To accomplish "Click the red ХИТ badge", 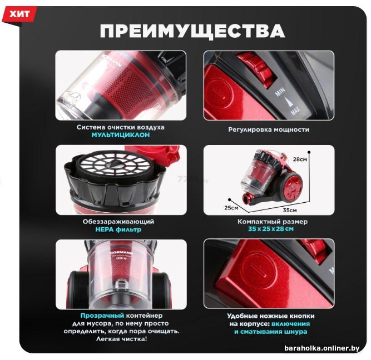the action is click(x=19, y=14).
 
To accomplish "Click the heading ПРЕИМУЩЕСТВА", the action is click(x=192, y=31).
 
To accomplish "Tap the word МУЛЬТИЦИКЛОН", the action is click(x=121, y=135).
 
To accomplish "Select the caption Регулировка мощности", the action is click(x=269, y=130).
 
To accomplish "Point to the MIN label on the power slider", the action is click(x=280, y=91).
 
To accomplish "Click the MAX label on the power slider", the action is click(x=295, y=110).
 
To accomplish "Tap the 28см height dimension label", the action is click(x=300, y=159).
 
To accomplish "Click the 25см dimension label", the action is click(x=231, y=208).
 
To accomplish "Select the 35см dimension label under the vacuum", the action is click(x=290, y=210).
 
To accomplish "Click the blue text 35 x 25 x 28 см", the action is click(x=271, y=229).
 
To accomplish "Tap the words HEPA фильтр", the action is click(x=118, y=229).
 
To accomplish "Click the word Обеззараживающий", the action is click(x=118, y=222).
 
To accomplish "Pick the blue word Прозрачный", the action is click(x=102, y=316).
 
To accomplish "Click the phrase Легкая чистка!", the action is click(x=121, y=339).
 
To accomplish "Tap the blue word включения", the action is click(x=290, y=324).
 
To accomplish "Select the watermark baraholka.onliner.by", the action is click(x=322, y=348).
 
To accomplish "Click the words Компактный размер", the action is click(x=273, y=222).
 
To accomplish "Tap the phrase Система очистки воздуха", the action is click(x=121, y=127).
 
